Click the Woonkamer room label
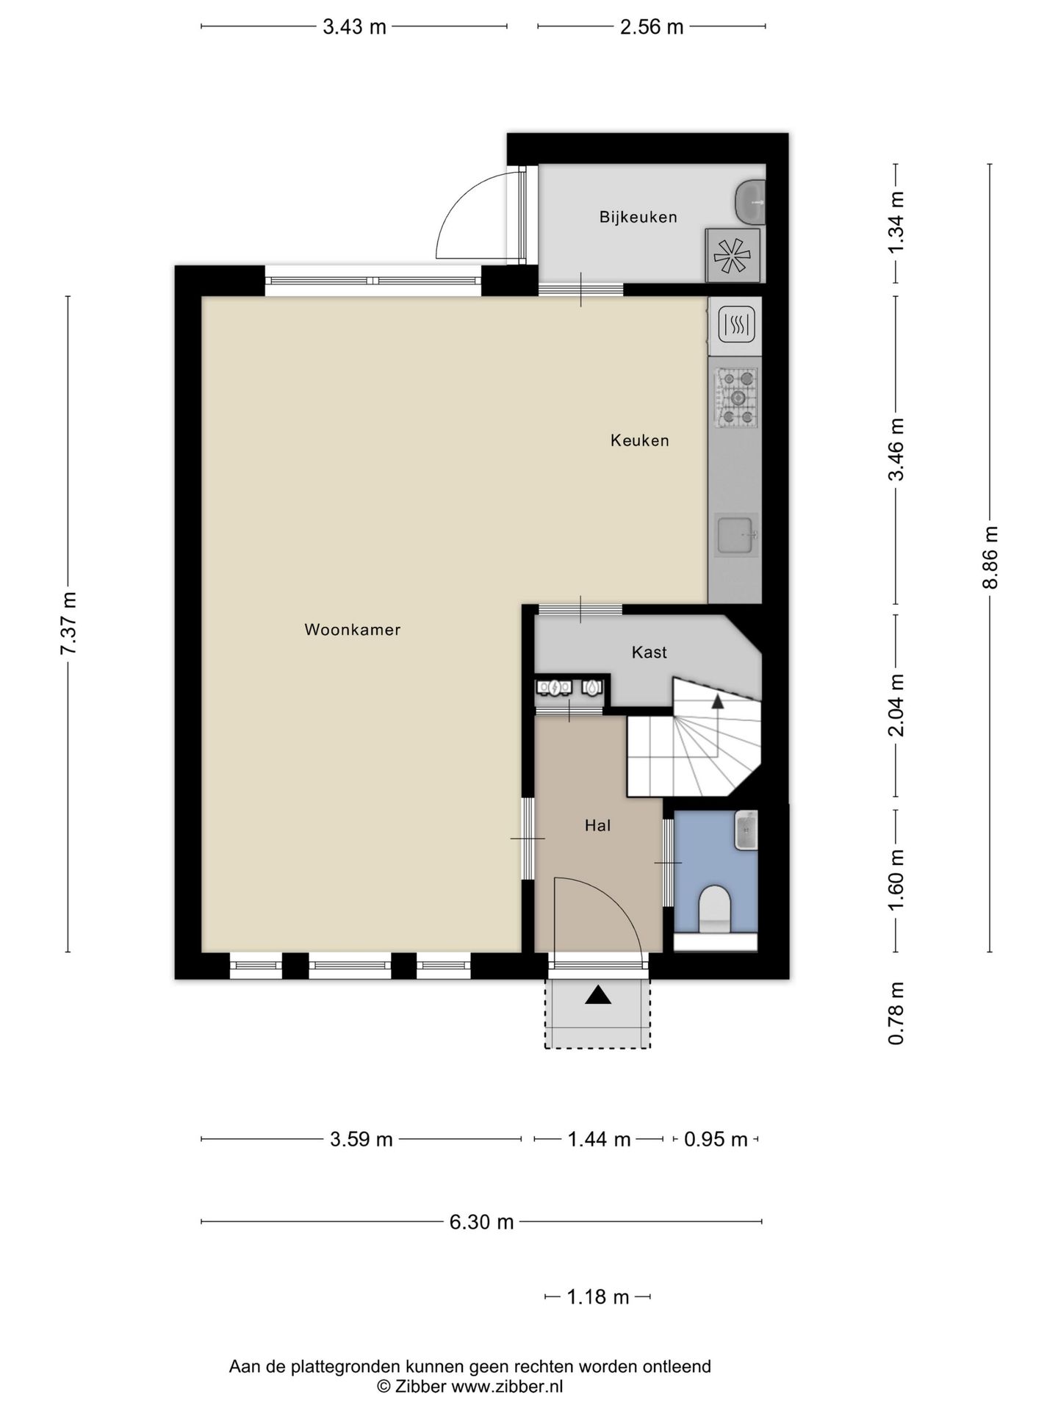pos(353,630)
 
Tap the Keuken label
pos(640,441)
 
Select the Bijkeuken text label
pos(638,218)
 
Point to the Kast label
pos(649,653)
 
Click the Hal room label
pos(598,826)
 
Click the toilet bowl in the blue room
pos(714,908)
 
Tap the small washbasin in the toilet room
pos(746,830)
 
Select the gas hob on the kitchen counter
pos(737,398)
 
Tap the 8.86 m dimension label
pos(990,557)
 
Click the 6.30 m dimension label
pos(481,1221)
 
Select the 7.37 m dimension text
pos(68,623)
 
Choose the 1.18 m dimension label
pos(598,1297)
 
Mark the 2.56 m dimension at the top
pos(652,27)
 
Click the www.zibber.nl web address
pos(507,1387)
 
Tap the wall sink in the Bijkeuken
pos(750,201)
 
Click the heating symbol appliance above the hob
pos(736,325)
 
